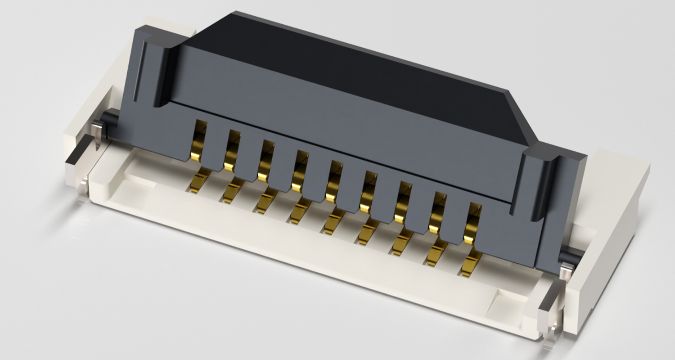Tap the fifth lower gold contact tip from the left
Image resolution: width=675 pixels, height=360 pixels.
[333, 223]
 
